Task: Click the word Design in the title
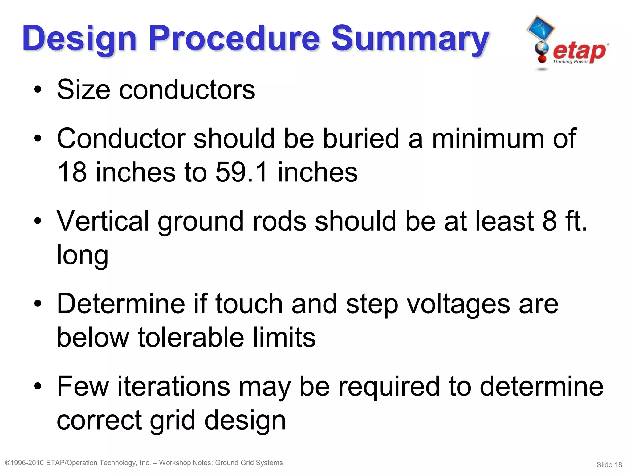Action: pos(79,39)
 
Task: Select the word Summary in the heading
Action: pos(410,39)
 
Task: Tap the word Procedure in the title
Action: pos(234,39)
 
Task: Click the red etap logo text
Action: pos(579,52)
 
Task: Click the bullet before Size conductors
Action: pos(38,90)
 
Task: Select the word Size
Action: pos(83,90)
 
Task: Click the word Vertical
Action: pos(103,221)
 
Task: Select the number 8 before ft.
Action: pos(549,221)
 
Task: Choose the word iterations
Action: pos(174,386)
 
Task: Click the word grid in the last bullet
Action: pos(173,420)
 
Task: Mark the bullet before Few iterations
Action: pos(38,386)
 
